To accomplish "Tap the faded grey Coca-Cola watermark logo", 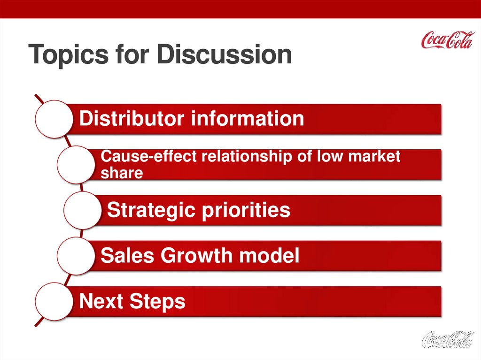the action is point(448,339).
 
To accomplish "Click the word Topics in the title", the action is point(69,54).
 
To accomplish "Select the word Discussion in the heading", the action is point(224,54).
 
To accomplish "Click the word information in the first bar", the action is point(248,118).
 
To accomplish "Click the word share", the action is point(122,173).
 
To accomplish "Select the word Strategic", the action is point(151,211).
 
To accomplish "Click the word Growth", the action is point(196,255).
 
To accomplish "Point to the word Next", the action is point(101,301).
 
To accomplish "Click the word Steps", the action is point(157,302).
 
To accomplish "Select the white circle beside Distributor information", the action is point(54,119).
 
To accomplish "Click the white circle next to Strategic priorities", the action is point(83,210).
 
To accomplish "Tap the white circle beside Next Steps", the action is point(54,301).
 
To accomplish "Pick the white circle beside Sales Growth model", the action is point(76,256).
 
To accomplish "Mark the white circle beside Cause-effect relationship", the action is point(76,165).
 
